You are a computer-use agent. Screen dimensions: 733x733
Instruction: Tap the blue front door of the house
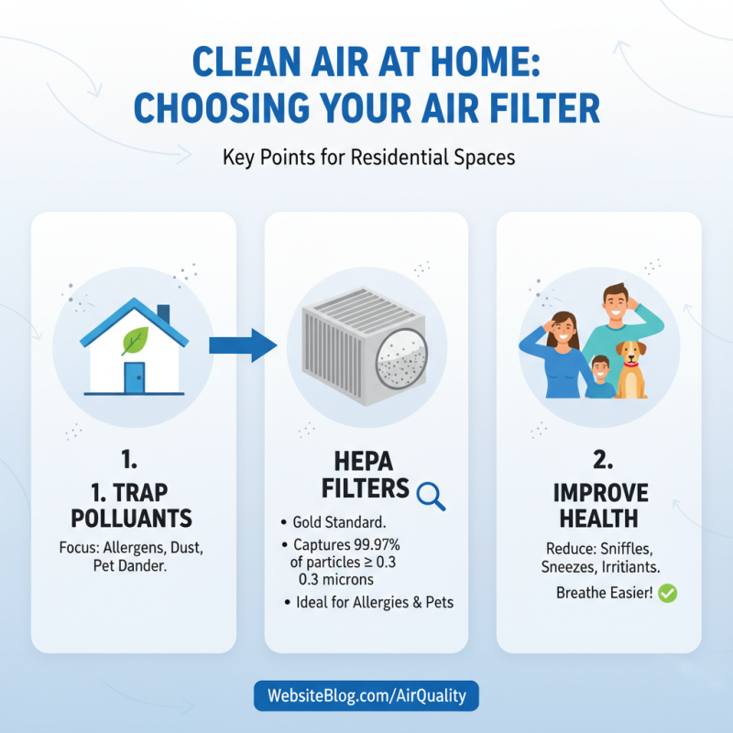135,378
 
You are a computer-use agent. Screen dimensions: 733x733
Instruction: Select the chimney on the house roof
163,315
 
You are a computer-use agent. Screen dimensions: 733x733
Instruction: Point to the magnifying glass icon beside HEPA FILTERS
430,495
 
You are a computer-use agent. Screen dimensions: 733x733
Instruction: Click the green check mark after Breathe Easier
668,594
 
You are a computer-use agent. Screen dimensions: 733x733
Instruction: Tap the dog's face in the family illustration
630,354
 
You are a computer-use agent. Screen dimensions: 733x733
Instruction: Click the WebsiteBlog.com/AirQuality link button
366,695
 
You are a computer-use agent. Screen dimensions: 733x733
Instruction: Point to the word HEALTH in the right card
599,518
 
